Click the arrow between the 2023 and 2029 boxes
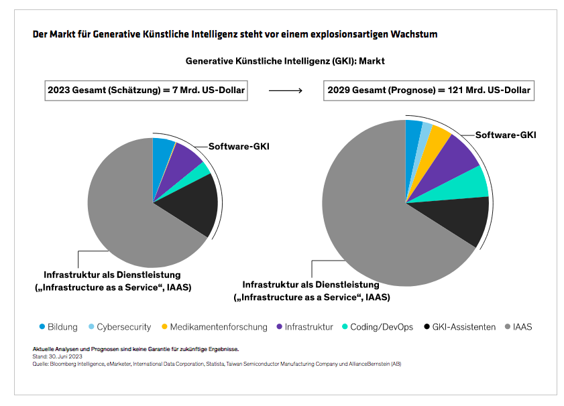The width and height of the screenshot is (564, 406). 284,90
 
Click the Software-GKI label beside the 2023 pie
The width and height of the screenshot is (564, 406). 238,147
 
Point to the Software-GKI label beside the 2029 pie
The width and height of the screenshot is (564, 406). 506,135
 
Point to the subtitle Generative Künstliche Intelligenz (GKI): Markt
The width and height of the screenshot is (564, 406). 284,61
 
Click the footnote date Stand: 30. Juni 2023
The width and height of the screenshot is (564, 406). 57,356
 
